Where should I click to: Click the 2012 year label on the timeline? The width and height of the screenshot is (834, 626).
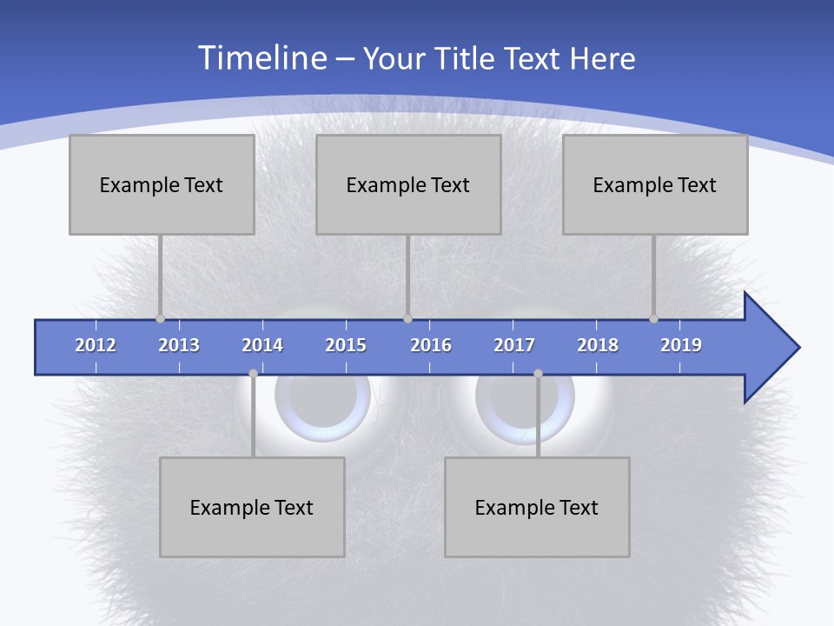point(96,345)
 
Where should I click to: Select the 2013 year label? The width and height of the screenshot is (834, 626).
point(179,345)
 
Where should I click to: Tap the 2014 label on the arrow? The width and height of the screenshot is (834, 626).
point(262,345)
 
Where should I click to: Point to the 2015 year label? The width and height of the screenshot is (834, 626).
point(346,345)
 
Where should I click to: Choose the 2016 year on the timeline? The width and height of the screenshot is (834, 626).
point(431,345)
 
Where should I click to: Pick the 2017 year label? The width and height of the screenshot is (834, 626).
point(514,345)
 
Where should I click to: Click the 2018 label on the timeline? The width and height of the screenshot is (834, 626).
point(598,345)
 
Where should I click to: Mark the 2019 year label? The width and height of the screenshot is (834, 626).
point(681,345)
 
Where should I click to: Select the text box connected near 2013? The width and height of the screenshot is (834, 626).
point(162,184)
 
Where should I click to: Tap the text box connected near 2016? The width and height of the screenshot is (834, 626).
point(408,184)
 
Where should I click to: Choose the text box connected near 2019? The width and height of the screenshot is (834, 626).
point(655,184)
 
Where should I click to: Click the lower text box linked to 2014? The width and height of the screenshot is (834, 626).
point(252,507)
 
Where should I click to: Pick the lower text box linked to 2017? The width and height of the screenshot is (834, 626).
point(537,507)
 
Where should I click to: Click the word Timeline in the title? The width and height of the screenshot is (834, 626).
point(261,58)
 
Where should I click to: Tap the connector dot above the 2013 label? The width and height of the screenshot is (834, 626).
point(160,319)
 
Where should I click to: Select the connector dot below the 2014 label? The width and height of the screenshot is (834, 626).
point(253,373)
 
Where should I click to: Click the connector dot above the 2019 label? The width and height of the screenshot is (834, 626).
point(653,319)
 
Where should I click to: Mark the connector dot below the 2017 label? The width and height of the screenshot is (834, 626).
point(538,373)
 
